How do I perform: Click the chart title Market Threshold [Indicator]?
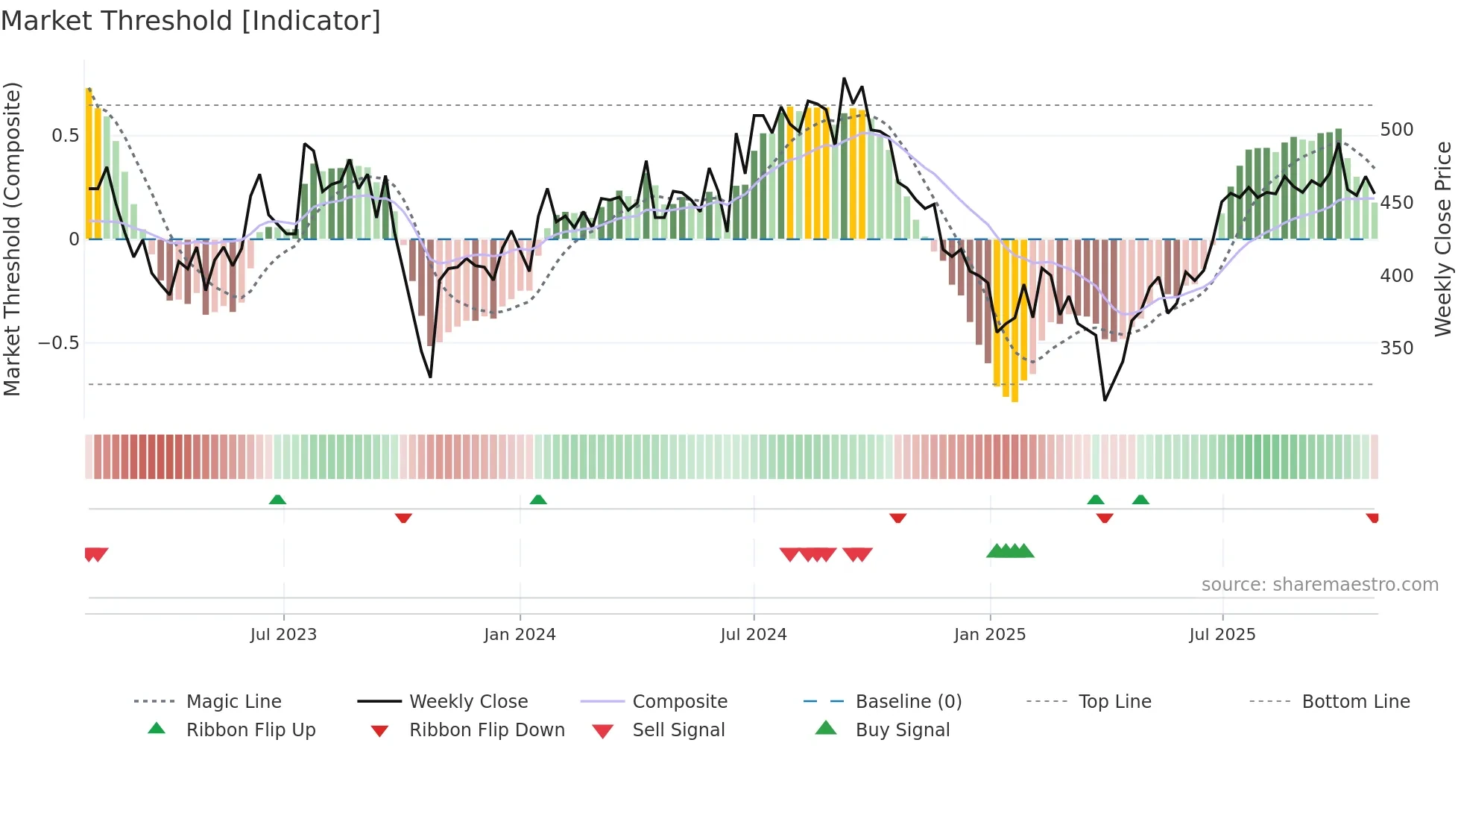point(191,21)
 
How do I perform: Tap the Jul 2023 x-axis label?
point(283,635)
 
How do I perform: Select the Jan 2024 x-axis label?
point(520,635)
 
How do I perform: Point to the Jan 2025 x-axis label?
point(990,635)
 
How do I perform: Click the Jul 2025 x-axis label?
point(1222,635)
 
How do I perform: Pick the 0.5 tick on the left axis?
point(65,136)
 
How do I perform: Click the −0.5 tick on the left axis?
point(58,343)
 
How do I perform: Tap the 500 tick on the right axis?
point(1396,130)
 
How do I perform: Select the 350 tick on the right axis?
point(1396,348)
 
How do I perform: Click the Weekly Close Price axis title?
point(1443,239)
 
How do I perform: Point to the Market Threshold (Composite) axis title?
point(12,239)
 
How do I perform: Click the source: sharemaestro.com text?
point(1319,585)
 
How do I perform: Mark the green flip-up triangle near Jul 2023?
point(277,500)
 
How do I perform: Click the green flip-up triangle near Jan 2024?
point(538,500)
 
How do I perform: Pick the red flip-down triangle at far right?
point(1372,518)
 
